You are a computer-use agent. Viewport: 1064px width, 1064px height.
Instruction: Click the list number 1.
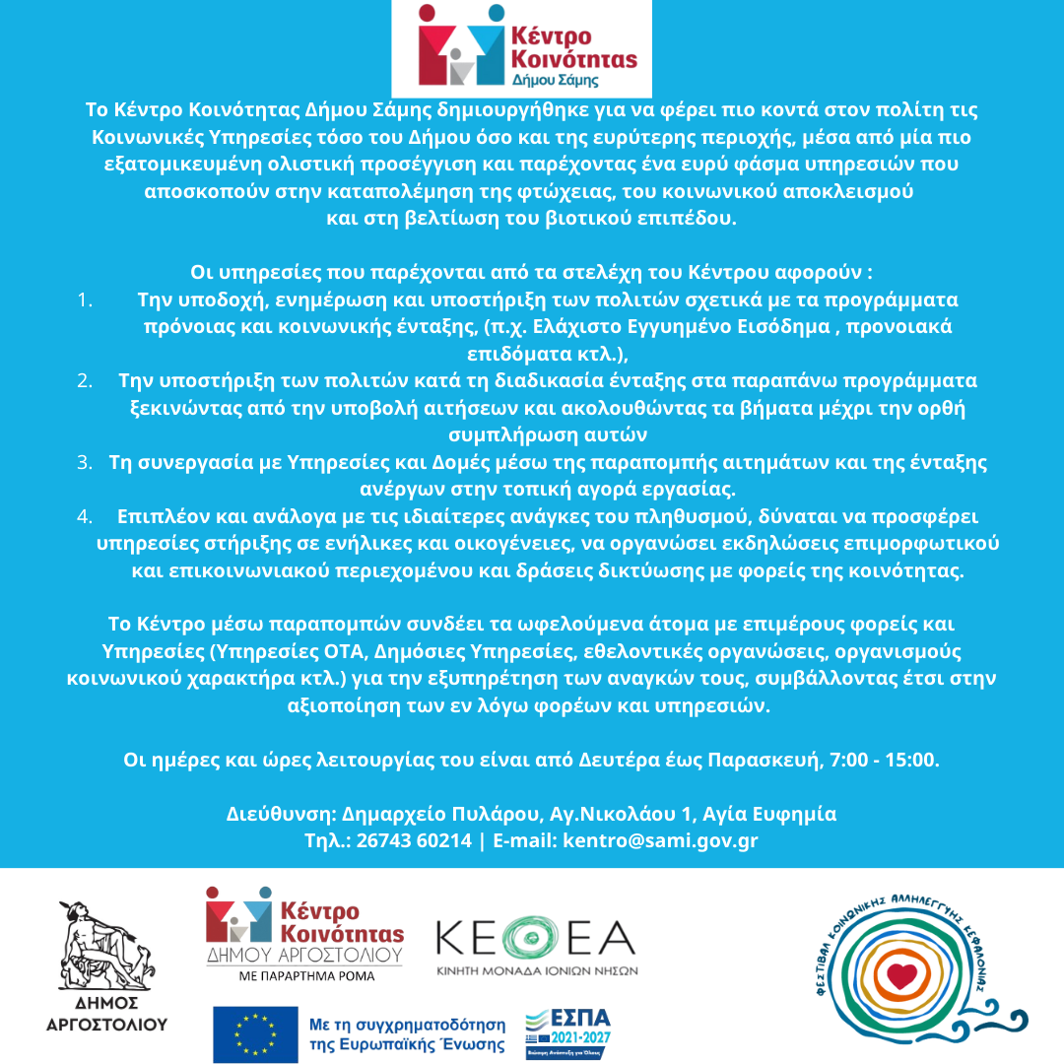point(85,299)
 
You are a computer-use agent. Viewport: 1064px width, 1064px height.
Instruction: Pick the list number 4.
point(85,516)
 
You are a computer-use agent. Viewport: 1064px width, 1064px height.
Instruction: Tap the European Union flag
point(255,1034)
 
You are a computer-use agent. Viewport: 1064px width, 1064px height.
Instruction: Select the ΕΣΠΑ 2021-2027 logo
point(568,1034)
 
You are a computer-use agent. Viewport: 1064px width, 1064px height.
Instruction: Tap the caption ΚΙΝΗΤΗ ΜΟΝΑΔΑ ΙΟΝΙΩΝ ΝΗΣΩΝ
point(537,970)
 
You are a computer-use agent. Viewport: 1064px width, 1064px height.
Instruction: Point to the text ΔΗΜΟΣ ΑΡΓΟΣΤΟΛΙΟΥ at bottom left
point(106,1015)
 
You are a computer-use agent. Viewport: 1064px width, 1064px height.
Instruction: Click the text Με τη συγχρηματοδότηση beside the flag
point(406,1025)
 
